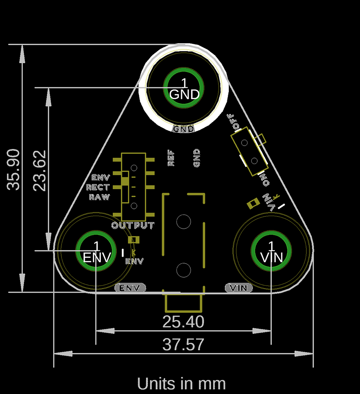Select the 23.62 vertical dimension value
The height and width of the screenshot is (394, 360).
click(x=40, y=170)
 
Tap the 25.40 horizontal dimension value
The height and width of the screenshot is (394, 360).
click(x=183, y=321)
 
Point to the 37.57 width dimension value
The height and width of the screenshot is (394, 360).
click(x=183, y=344)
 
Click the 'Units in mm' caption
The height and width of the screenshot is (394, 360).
click(x=181, y=384)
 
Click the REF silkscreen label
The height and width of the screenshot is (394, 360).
click(x=171, y=158)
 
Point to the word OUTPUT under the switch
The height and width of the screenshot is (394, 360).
click(x=133, y=226)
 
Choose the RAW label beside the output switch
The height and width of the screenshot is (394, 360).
click(x=99, y=197)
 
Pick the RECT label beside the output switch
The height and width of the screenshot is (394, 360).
click(x=98, y=187)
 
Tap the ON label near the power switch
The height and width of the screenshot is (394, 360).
click(x=264, y=179)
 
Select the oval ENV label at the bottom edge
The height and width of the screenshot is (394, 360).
click(x=130, y=288)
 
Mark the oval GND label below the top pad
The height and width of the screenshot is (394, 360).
click(x=184, y=129)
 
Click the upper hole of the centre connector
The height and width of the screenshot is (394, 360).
click(x=184, y=221)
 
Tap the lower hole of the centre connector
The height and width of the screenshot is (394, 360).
click(x=184, y=270)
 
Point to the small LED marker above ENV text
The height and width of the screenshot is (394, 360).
click(x=133, y=240)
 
